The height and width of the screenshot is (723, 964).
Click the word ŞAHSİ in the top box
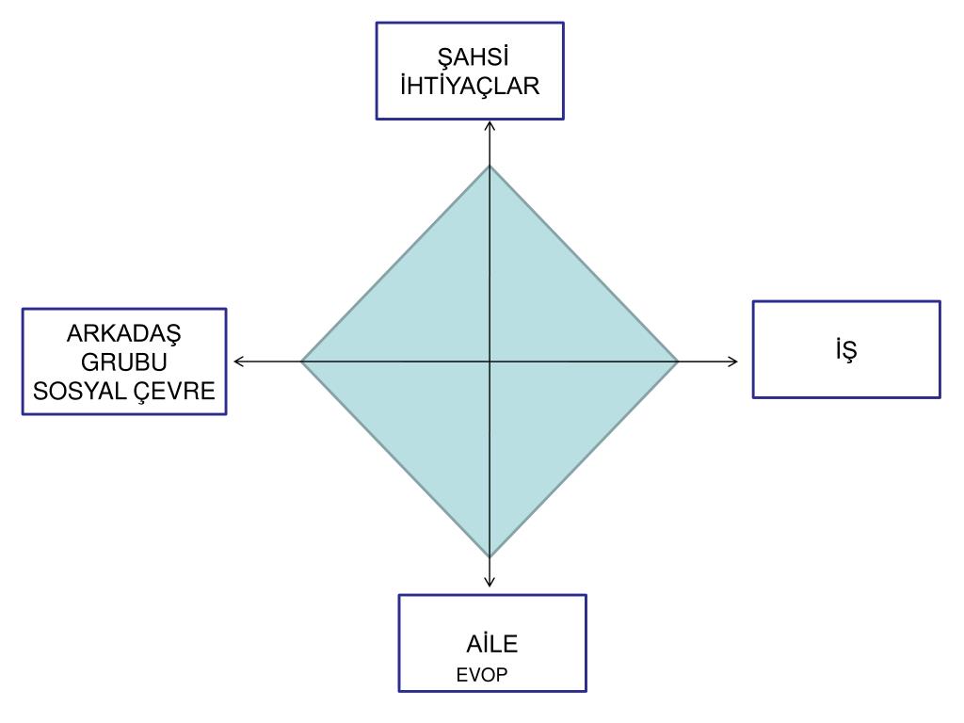click(470, 58)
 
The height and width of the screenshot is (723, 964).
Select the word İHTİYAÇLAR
click(470, 86)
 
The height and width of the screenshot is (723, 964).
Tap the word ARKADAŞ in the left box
click(124, 334)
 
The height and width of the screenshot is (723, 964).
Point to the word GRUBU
click(124, 361)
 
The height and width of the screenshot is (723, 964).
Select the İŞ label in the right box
click(845, 349)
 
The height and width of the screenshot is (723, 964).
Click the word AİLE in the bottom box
click(491, 645)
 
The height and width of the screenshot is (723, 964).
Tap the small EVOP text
click(482, 675)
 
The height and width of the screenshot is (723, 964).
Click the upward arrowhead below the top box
click(490, 124)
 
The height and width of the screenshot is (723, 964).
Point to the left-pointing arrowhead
click(237, 361)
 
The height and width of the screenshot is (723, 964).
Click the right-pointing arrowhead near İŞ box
click(734, 361)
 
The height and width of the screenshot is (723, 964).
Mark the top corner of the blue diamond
click(490, 167)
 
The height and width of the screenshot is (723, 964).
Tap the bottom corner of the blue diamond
click(490, 555)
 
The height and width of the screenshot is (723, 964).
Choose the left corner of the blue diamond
click(302, 361)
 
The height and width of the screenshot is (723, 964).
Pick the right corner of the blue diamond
click(677, 361)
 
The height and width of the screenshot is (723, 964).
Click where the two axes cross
click(490, 361)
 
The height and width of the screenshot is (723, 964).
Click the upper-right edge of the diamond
click(584, 264)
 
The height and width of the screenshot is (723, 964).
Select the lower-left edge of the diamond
click(395, 458)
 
